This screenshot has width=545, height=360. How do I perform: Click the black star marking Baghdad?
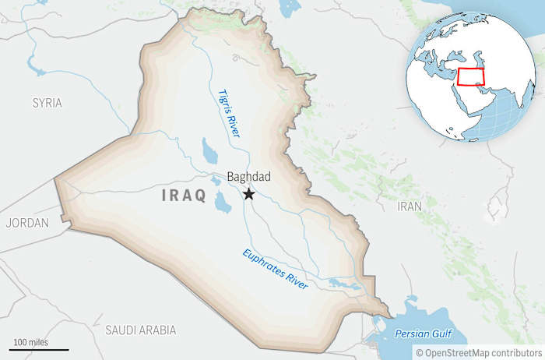(x=249, y=193)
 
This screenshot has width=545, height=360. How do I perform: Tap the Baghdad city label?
(x=248, y=177)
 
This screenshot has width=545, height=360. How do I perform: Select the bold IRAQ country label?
(x=184, y=196)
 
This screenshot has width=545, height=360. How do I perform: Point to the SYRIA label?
(x=47, y=102)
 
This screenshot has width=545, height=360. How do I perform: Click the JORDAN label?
(x=26, y=223)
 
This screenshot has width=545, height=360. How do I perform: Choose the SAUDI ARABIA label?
(x=140, y=330)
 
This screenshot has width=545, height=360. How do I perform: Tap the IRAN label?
(x=410, y=206)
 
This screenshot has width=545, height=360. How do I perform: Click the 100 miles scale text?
(x=30, y=342)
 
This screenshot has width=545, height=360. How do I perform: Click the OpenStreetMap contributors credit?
(x=480, y=352)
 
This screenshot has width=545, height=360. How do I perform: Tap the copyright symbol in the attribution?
(x=419, y=352)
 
